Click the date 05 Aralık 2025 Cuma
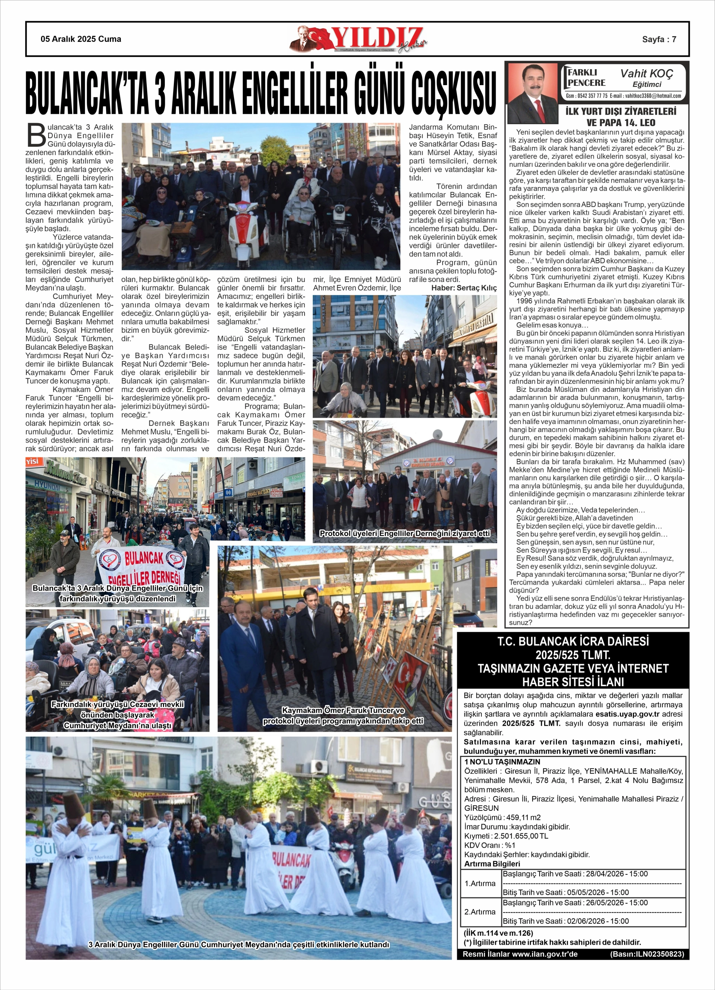pyautogui.click(x=81, y=39)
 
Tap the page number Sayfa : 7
pyautogui.click(x=659, y=39)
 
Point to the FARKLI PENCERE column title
pyautogui.click(x=586, y=77)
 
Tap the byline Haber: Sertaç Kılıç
pyautogui.click(x=464, y=288)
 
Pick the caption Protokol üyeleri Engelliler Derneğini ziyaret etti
pyautogui.click(x=405, y=533)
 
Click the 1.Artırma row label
pyautogui.click(x=480, y=883)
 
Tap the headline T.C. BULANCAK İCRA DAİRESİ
pyautogui.click(x=573, y=641)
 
